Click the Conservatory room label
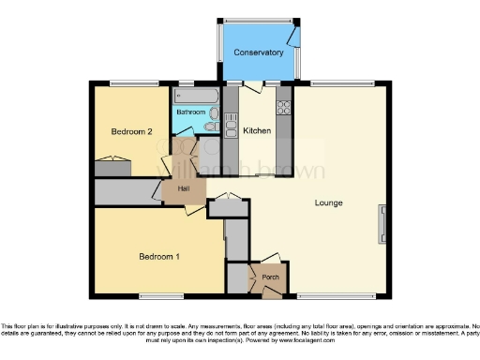click(x=258, y=52)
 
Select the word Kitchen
click(x=258, y=131)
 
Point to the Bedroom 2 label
click(x=132, y=132)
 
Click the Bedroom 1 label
click(x=159, y=256)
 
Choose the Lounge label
click(x=328, y=202)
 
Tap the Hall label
click(x=184, y=188)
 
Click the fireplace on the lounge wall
click(x=382, y=223)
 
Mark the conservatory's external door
click(x=294, y=36)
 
